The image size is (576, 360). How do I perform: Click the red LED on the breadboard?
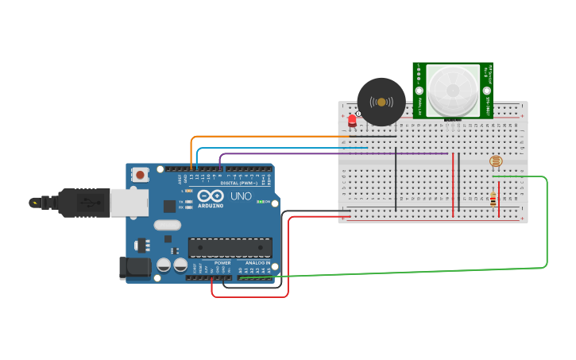tap(352, 122)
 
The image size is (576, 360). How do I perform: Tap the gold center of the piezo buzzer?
tap(381, 102)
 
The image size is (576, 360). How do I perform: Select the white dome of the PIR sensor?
tap(452, 90)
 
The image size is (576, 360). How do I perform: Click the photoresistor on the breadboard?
tap(497, 162)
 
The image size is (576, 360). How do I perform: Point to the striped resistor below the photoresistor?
tap(494, 201)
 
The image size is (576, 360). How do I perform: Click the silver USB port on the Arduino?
tap(128, 202)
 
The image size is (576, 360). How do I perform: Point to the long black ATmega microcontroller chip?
tap(230, 248)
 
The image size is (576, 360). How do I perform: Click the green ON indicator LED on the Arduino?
tap(261, 202)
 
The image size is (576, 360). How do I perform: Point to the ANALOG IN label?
tap(257, 262)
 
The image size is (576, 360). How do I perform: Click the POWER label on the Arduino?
tap(222, 262)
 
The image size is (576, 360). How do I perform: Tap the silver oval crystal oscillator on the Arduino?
tap(168, 225)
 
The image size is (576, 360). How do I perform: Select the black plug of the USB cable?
tap(79, 203)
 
